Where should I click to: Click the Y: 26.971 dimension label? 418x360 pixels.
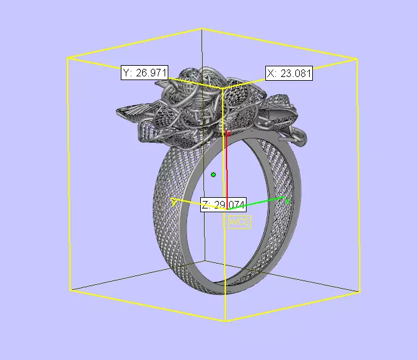(x=145, y=73)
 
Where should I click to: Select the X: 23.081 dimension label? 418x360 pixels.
(x=289, y=73)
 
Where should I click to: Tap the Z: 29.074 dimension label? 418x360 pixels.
(x=223, y=205)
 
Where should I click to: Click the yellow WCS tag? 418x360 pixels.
(x=239, y=222)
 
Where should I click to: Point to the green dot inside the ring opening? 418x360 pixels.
(x=213, y=175)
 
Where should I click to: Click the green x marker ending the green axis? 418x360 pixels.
(x=288, y=200)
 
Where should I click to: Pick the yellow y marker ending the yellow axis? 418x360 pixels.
(x=174, y=202)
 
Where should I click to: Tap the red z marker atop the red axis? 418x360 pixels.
(x=228, y=133)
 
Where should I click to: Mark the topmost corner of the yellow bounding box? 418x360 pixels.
(x=201, y=28)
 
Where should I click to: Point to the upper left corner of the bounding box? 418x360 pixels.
(x=68, y=58)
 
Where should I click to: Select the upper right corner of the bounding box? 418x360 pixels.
(x=357, y=59)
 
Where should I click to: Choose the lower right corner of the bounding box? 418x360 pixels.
(x=360, y=292)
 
